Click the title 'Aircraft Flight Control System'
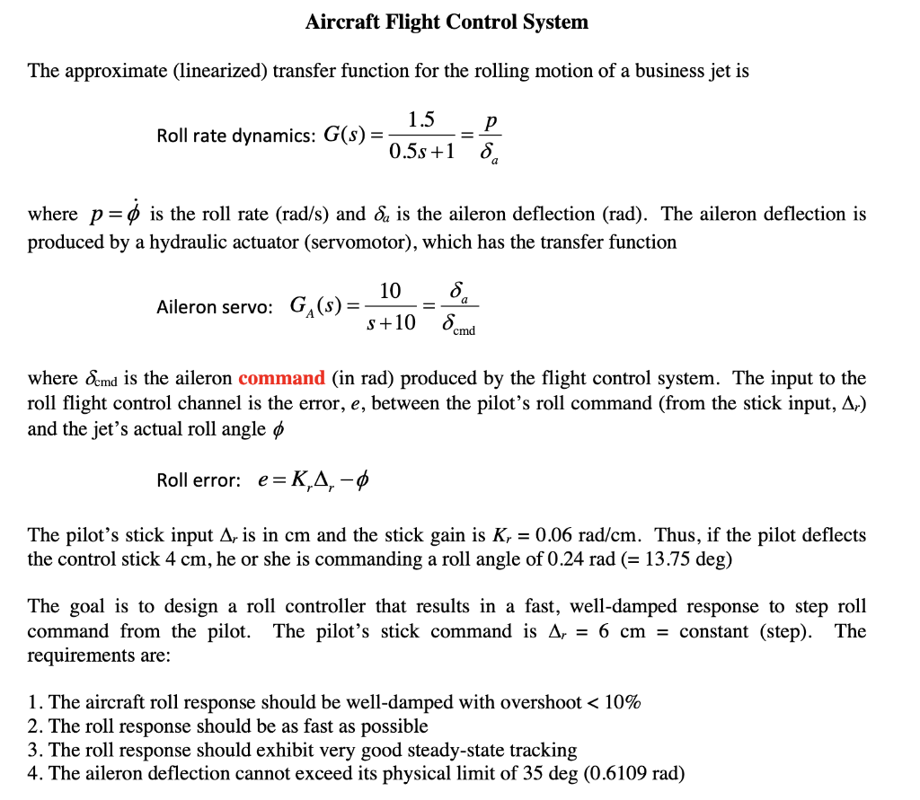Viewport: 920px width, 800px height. click(447, 22)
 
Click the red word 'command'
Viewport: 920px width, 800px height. click(281, 378)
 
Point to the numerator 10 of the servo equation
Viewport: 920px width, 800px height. click(391, 291)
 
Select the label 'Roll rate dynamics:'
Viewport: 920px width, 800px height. click(234, 136)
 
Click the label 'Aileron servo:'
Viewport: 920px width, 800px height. click(214, 307)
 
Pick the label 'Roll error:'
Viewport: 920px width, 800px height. click(199, 480)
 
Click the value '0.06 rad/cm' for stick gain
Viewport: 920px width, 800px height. click(589, 536)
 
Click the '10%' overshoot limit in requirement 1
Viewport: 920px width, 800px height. click(622, 702)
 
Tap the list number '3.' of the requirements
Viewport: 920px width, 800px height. click(35, 750)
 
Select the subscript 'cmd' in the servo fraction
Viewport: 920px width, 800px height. click(464, 330)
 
